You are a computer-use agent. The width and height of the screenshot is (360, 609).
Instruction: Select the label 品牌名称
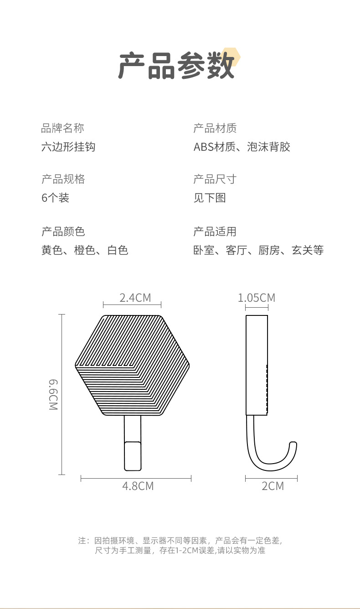point(62,128)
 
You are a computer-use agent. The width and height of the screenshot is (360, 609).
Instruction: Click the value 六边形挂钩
point(68,147)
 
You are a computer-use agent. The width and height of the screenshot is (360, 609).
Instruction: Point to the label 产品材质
point(215,128)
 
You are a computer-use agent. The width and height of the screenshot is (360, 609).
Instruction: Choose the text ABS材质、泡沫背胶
point(242,147)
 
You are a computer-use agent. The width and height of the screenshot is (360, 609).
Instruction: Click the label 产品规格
point(63,179)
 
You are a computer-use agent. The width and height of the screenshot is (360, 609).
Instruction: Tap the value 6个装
point(55,198)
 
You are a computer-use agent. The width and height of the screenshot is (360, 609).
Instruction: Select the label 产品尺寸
point(215,179)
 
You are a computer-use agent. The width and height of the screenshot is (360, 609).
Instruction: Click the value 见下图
point(210,198)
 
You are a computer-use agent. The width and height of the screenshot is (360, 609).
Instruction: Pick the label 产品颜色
point(63,232)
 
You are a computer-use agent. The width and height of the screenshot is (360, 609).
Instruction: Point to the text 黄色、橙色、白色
point(85,250)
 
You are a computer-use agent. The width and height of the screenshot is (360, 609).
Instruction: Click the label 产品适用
point(215,232)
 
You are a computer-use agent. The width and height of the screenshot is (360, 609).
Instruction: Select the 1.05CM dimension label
point(257,298)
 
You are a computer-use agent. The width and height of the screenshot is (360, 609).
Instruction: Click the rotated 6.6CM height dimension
point(54,394)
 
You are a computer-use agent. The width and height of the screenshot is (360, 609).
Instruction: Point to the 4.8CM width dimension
point(138,486)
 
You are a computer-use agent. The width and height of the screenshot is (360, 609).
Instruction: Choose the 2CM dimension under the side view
point(273,486)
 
